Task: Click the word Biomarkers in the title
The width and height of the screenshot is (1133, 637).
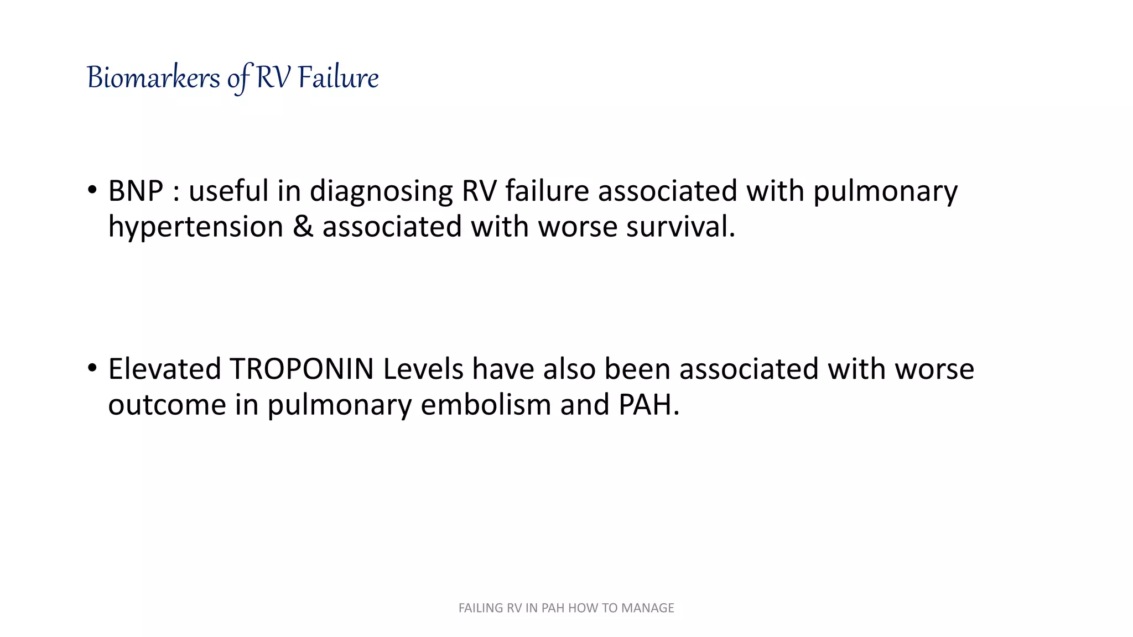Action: click(153, 78)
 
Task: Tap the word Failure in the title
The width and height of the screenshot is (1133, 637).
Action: click(338, 78)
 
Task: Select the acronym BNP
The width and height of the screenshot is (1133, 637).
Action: click(136, 191)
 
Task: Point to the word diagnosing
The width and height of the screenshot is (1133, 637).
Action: click(381, 192)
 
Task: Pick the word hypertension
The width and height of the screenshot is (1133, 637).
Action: click(195, 227)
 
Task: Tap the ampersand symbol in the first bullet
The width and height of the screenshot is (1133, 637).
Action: click(303, 227)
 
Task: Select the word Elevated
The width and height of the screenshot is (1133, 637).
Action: click(164, 369)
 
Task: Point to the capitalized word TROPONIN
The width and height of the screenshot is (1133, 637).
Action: click(302, 369)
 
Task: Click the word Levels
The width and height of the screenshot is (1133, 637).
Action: click(423, 369)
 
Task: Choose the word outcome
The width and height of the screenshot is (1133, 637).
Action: click(167, 405)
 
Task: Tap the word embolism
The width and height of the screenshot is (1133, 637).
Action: click(486, 405)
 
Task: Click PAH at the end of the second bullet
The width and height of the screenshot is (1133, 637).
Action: click(647, 405)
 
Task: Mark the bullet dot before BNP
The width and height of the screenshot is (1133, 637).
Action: click(92, 190)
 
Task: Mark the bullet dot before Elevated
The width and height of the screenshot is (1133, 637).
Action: click(92, 368)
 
